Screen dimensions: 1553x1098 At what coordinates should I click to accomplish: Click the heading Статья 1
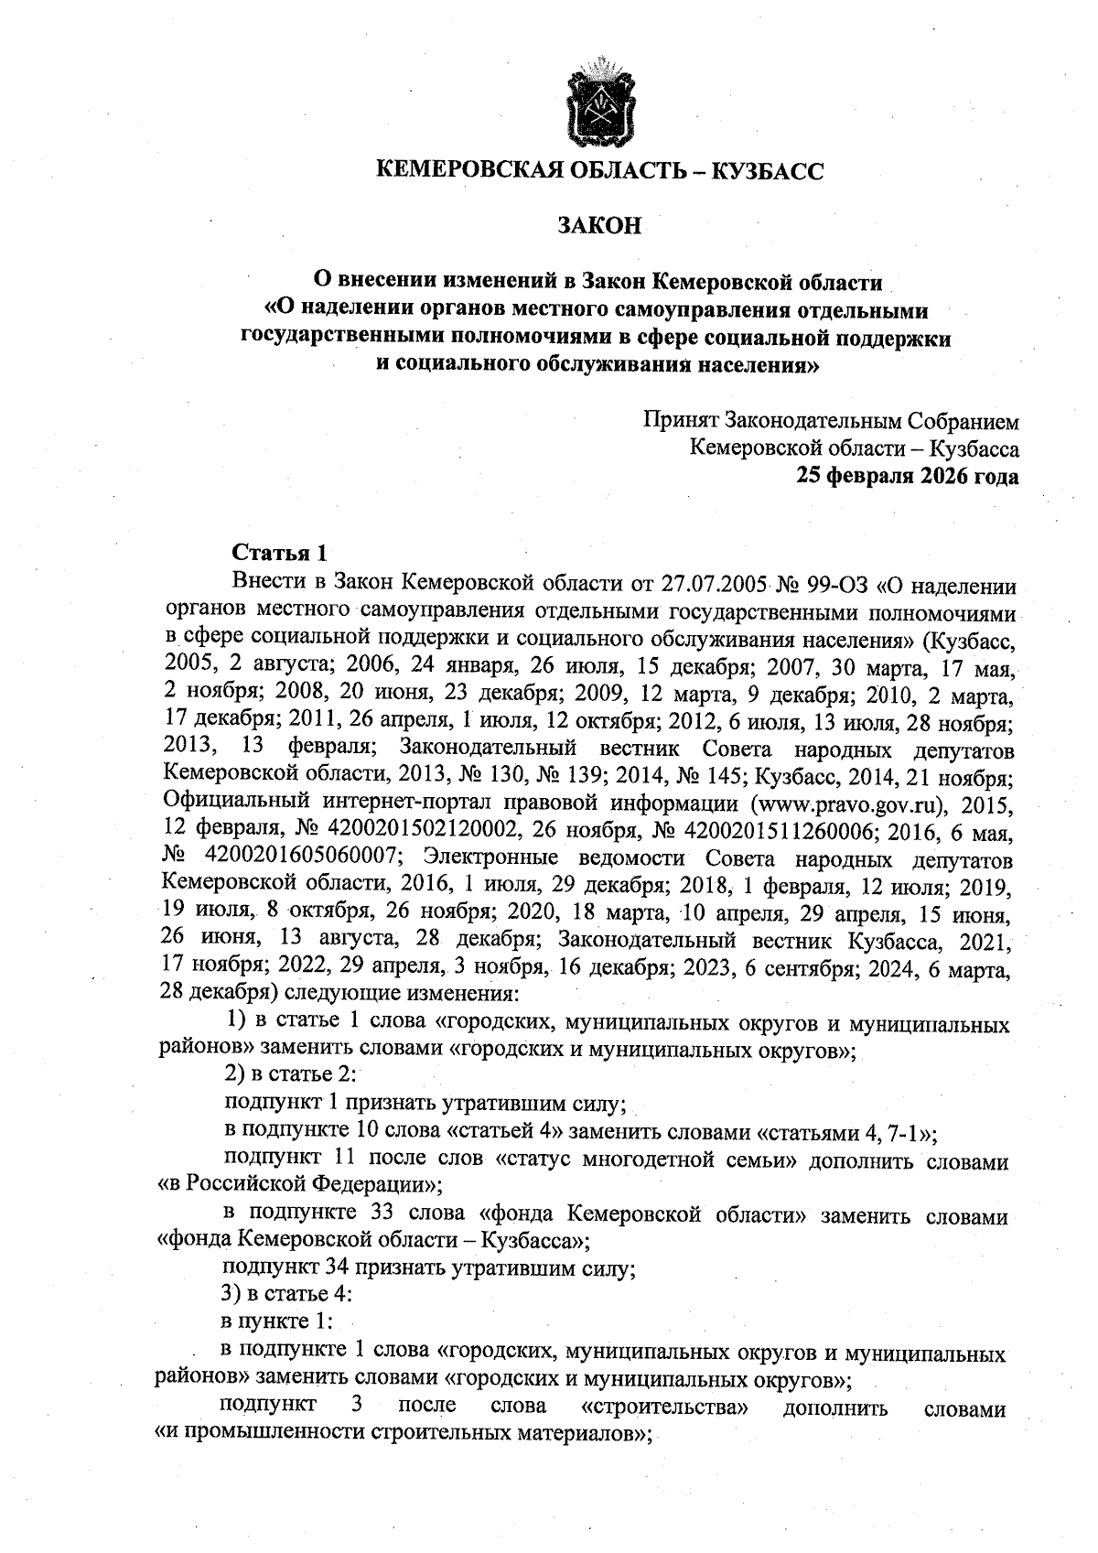click(280, 554)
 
